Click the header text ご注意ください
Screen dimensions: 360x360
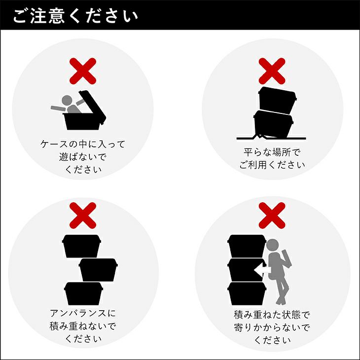(75, 16)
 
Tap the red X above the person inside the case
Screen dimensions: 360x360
(83, 71)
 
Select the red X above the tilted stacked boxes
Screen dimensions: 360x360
(272, 71)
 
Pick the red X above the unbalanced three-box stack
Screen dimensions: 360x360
(83, 216)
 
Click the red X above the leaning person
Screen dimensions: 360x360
(272, 216)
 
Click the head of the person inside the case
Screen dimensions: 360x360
(67, 101)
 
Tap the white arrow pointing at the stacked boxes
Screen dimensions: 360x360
(261, 270)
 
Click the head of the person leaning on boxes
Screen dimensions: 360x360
(273, 245)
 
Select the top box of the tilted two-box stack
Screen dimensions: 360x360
(277, 100)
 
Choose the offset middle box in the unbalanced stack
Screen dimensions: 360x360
(98, 270)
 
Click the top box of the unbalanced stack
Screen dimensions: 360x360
(81, 246)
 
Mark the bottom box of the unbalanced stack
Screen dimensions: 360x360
(83, 293)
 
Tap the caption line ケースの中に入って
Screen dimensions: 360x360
(83, 144)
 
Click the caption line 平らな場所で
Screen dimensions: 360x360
(272, 152)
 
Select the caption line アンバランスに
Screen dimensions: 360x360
(83, 313)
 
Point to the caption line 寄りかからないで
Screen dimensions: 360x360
(272, 327)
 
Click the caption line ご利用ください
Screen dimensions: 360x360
(272, 165)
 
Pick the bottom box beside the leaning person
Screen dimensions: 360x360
(247, 293)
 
